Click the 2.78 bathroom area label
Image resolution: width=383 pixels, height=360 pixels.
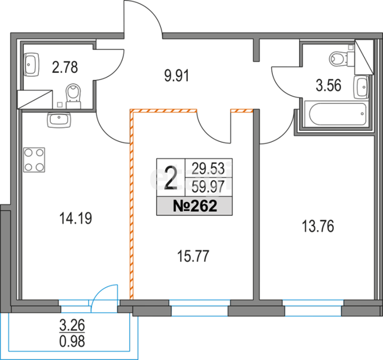coord(65,68)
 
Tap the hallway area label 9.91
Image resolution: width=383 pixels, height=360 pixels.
coord(177,76)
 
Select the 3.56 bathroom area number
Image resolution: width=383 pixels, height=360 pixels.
coord(329,86)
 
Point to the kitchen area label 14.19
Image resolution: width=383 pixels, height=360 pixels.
coord(76,218)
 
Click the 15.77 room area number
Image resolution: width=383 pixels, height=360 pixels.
coord(193,257)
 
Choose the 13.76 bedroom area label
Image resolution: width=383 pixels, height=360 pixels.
coord(318,226)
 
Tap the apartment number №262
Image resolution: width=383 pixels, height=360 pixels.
coord(194,206)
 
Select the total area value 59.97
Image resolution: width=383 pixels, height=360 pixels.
coord(208,187)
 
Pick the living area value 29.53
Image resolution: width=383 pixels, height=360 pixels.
coord(208,169)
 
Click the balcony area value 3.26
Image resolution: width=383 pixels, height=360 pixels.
coord(72,325)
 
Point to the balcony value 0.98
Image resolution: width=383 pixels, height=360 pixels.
coord(72,341)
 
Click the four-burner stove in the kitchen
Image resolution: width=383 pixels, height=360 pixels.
coord(34,160)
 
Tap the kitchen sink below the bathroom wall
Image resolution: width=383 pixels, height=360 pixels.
coord(59,120)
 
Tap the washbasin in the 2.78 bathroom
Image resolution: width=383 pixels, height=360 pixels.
coord(32,65)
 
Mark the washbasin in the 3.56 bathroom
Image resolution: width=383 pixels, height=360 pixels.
coord(361,87)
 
